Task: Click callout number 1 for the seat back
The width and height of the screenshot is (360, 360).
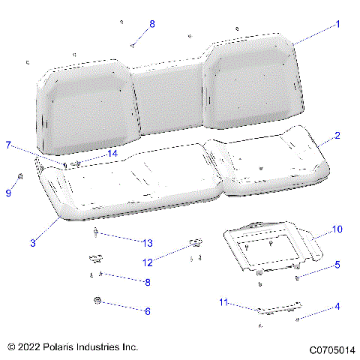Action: [x=337, y=24]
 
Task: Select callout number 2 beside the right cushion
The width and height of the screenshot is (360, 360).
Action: [x=337, y=136]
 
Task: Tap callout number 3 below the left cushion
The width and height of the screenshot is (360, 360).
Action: [x=33, y=242]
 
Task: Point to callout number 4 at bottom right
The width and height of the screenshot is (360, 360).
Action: [x=337, y=306]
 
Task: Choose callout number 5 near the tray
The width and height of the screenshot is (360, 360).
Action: [x=337, y=265]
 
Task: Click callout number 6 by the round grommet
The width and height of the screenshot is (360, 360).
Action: [x=148, y=310]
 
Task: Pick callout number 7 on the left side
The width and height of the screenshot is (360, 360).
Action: [x=9, y=145]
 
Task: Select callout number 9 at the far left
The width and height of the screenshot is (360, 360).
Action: [x=9, y=193]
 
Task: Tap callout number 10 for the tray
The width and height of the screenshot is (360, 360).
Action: [x=337, y=228]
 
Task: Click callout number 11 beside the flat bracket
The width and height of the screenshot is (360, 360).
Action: [x=223, y=302]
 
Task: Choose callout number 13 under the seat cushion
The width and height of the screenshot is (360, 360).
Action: [x=148, y=242]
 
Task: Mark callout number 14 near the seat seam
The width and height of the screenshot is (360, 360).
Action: [x=112, y=154]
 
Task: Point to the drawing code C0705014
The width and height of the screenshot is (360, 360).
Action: [x=330, y=349]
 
